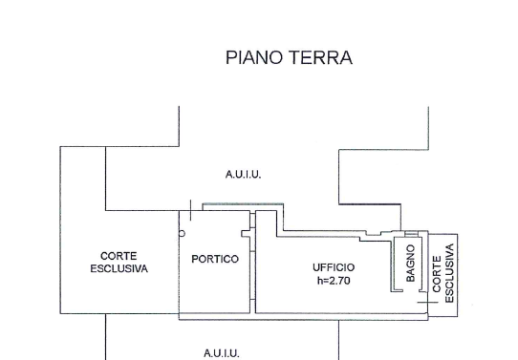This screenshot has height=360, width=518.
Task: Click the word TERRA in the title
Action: (x=321, y=57)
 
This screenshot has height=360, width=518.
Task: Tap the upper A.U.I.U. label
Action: (x=243, y=174)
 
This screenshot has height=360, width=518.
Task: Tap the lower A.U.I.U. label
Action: (x=221, y=353)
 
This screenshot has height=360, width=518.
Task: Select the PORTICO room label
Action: (x=215, y=259)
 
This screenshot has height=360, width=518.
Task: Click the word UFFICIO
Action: (x=334, y=267)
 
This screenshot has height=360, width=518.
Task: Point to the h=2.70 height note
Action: (x=334, y=281)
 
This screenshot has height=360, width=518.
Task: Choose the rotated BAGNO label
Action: (x=410, y=263)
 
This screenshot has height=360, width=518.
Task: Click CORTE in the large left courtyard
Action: (x=119, y=256)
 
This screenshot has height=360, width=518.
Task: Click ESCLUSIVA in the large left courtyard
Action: (x=119, y=268)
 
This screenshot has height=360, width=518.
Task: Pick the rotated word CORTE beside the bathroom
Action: (x=437, y=274)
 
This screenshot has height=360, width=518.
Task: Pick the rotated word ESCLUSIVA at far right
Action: (x=449, y=273)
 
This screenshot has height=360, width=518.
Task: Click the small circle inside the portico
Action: (x=182, y=234)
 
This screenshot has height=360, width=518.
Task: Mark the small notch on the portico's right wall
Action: (x=246, y=234)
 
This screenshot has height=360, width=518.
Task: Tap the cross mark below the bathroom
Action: (x=427, y=303)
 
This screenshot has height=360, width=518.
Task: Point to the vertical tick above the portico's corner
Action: (x=190, y=210)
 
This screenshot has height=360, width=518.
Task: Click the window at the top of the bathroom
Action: (x=411, y=234)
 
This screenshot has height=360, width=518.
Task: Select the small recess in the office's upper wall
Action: (x=374, y=234)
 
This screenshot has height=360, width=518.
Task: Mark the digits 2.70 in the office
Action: (x=339, y=281)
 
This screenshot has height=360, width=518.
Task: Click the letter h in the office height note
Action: (x=319, y=281)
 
